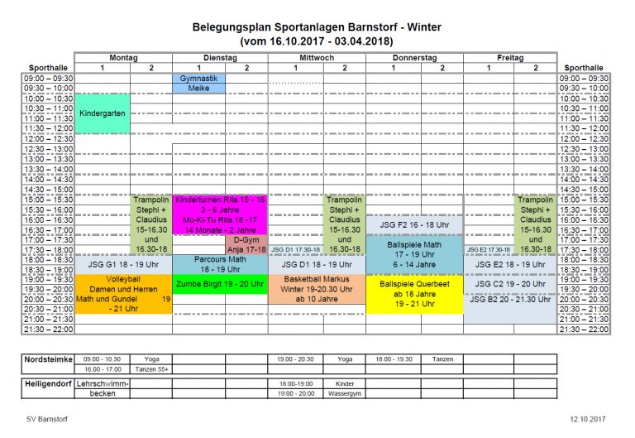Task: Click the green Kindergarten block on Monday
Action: point(103,113)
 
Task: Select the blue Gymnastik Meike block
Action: point(198,83)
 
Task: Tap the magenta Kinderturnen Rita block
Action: point(220,214)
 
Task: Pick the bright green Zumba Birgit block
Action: point(220,284)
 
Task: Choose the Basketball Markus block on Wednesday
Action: point(317,289)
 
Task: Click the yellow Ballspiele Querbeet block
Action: point(414,294)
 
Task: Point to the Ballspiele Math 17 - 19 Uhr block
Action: point(414,254)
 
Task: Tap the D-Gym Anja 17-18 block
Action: point(246,244)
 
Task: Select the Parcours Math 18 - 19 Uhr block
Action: point(220,264)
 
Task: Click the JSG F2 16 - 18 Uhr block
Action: point(414,224)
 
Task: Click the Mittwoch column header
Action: point(317,58)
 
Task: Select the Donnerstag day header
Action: point(414,58)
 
